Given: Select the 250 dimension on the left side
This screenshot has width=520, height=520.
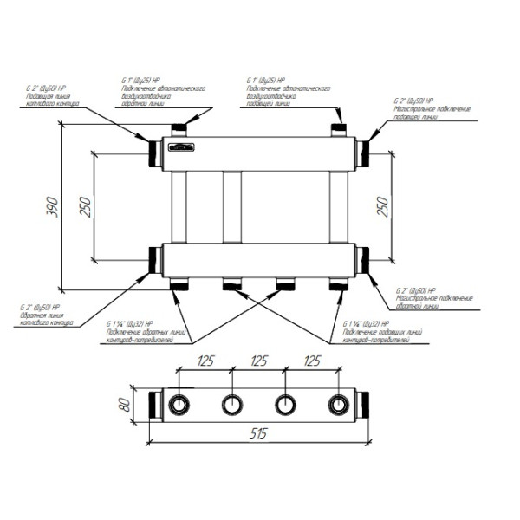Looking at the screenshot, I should tap(84, 205).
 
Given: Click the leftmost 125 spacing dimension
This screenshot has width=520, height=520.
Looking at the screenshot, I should tap(205, 361).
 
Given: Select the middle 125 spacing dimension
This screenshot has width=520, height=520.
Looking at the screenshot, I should tap(258, 361).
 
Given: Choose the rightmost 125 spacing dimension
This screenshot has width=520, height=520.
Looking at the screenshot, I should tap(311, 361).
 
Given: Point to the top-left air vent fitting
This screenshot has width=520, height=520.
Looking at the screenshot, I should tap(181, 130).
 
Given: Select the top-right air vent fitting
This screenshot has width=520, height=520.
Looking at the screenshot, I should tap(339, 130).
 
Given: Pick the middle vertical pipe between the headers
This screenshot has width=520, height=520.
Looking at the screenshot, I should tap(232, 208).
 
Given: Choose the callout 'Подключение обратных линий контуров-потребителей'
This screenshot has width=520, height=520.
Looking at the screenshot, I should tap(139, 331).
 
